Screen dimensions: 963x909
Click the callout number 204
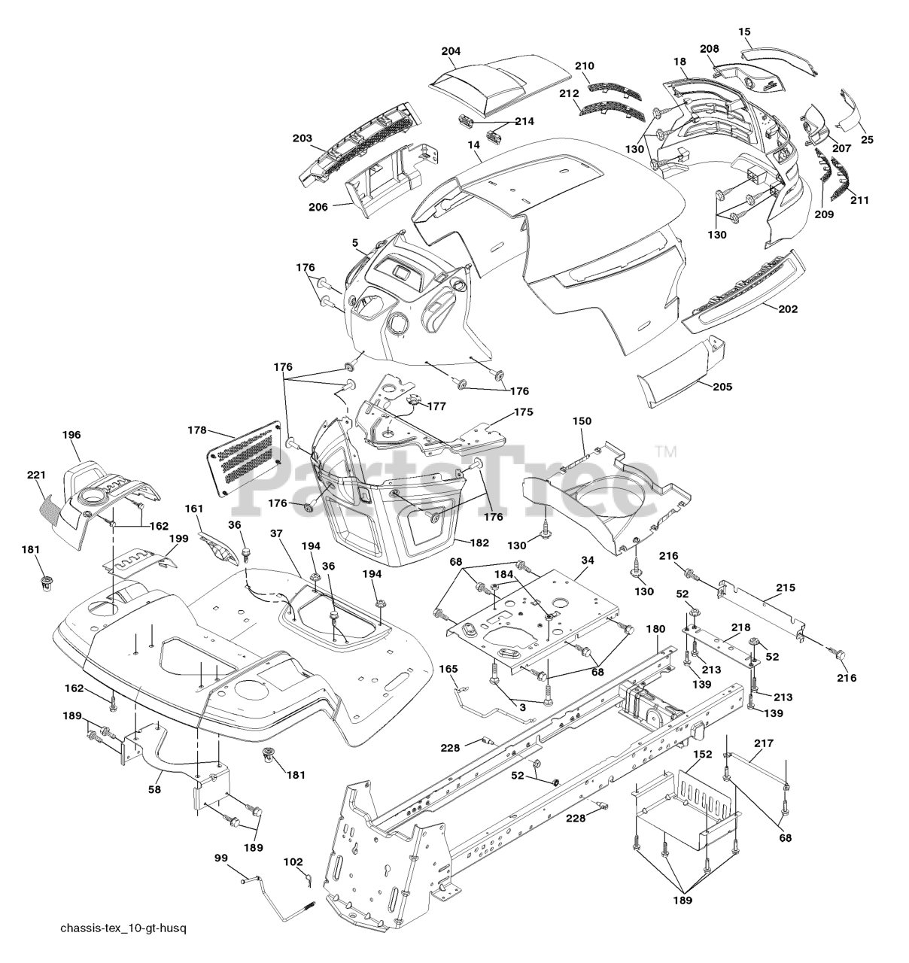coord(451,51)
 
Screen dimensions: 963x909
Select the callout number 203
coord(302,138)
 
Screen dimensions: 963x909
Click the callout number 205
coord(722,386)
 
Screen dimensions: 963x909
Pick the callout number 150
coord(582,421)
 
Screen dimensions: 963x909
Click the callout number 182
coord(479,542)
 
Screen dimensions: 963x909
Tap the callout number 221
coord(36,475)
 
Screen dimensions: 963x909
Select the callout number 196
coord(72,435)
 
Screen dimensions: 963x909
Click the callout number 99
coord(220,858)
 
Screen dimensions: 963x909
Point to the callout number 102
coord(293,861)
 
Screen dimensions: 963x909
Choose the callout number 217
coord(763,743)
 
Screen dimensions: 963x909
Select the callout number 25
coord(868,139)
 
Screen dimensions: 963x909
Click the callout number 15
coord(745,32)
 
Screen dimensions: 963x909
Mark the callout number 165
coord(448,668)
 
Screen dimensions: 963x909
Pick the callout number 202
coord(788,308)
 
